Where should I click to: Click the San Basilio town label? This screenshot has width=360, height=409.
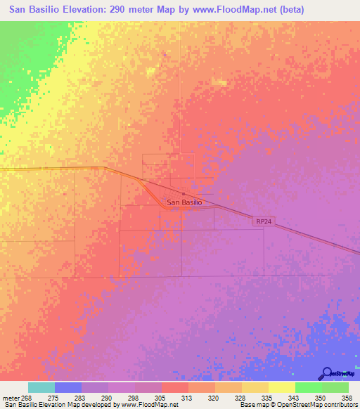[x=184, y=202]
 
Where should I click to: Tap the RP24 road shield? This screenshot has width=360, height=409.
[x=263, y=221]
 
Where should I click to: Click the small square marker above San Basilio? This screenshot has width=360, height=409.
[x=184, y=194]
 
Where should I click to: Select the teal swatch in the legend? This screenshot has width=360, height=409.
[x=41, y=387]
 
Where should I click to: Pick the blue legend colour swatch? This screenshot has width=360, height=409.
[x=68, y=387]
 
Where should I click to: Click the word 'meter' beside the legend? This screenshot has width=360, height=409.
[x=11, y=398]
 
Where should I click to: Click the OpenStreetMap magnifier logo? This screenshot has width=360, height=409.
[x=326, y=373]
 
